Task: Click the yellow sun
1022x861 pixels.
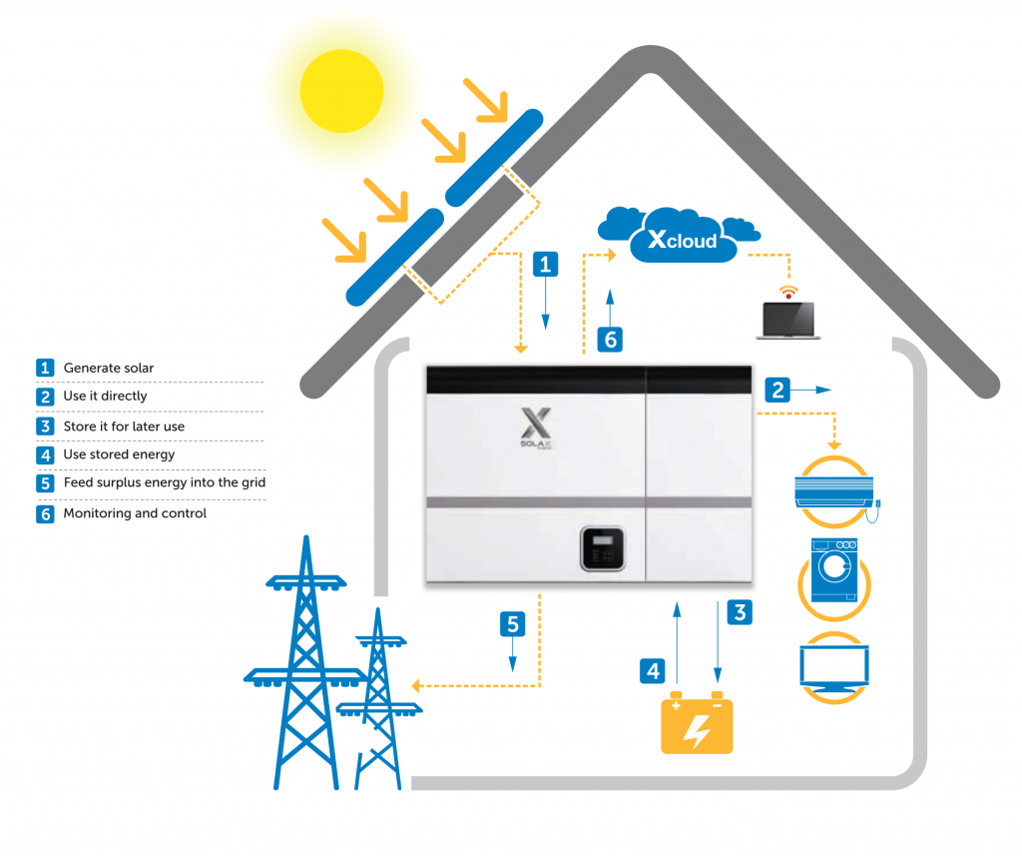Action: [x=341, y=91]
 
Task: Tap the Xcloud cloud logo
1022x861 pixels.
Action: [x=684, y=240]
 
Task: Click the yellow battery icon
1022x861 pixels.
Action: [x=697, y=723]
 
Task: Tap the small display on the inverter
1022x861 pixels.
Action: [x=602, y=548]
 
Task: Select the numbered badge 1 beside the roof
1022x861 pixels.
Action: [x=545, y=264]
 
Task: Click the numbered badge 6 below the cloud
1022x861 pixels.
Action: [x=611, y=340]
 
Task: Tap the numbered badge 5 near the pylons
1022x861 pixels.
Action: [x=512, y=624]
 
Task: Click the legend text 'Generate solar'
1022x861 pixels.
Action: [x=109, y=368]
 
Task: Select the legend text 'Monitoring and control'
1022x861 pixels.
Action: [x=135, y=513]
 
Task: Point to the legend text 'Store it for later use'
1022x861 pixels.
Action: [x=124, y=427]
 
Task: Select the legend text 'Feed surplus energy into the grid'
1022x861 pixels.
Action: [x=164, y=482]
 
